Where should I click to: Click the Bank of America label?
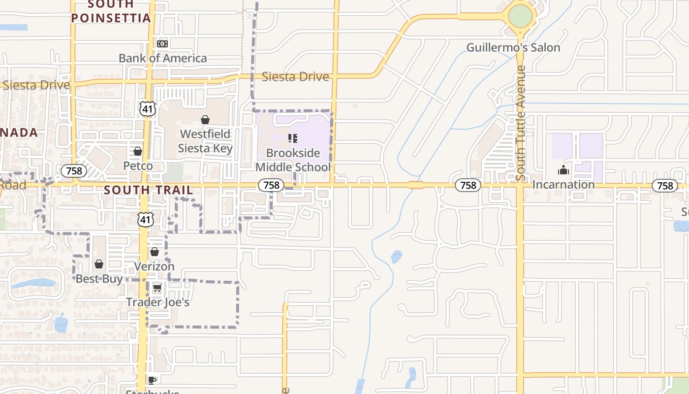(163, 58)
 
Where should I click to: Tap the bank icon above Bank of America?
(162, 44)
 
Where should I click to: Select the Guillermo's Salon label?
(513, 48)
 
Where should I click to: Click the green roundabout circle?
(520, 16)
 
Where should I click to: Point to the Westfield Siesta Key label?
(205, 141)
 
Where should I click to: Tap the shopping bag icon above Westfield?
(205, 120)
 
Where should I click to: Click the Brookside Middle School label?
(293, 160)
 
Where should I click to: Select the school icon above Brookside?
(293, 138)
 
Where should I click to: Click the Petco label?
(138, 165)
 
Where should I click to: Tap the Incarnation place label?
(564, 185)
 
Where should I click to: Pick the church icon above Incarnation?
(564, 171)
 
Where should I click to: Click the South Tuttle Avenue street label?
(521, 123)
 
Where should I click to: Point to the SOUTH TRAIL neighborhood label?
(149, 190)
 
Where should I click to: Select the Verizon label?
(155, 266)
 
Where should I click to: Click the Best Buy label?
(99, 279)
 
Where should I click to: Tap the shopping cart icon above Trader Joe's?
(157, 288)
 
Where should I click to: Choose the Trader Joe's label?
(157, 302)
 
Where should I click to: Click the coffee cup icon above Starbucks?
(152, 380)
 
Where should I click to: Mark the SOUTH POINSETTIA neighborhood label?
(111, 11)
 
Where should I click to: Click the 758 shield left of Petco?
(74, 171)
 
